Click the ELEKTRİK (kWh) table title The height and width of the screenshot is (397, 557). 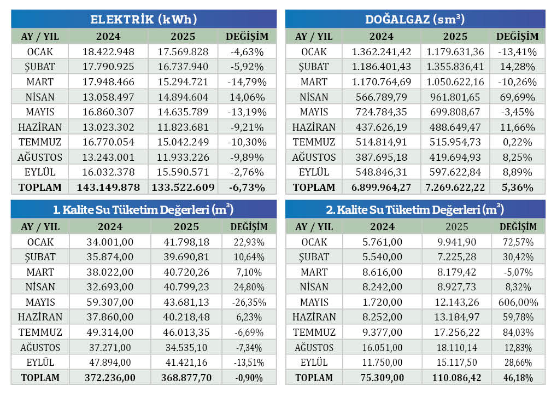tap(143, 20)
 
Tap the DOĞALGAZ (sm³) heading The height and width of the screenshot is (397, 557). tap(415, 20)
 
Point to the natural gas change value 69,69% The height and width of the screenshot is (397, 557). tap(518, 97)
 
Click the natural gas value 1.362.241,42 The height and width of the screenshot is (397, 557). tap(382, 52)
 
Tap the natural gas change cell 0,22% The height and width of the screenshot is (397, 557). tap(518, 142)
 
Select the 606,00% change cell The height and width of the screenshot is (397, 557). tap(518, 302)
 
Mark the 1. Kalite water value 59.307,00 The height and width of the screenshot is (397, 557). tap(110, 302)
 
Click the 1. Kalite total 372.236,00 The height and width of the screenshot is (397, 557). tap(110, 377)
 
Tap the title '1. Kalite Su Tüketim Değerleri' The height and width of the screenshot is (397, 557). tap(143, 210)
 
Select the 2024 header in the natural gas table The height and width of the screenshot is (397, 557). tap(382, 37)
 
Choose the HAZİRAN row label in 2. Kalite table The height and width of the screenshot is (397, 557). tap(314, 317)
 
